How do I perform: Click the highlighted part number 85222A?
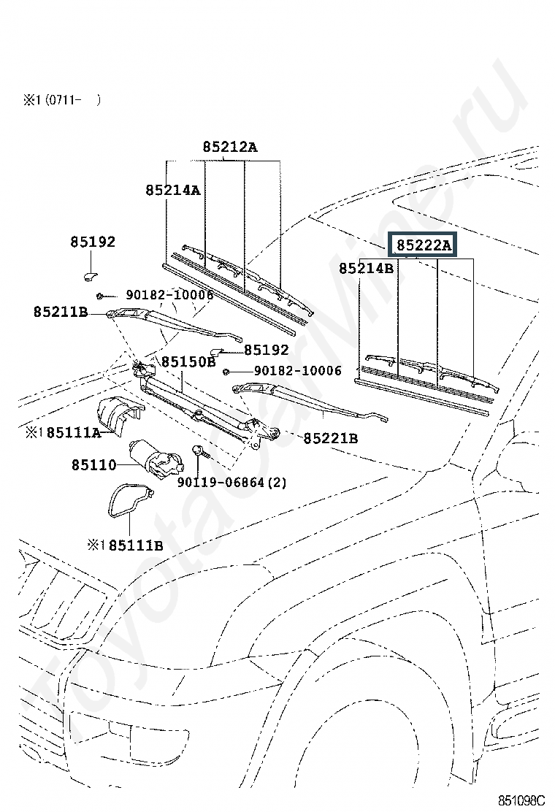424,245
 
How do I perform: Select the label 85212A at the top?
229,147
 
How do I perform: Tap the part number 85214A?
173,190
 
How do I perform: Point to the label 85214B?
367,268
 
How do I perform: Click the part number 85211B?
61,312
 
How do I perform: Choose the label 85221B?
331,438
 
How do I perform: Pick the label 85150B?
188,361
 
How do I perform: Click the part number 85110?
94,465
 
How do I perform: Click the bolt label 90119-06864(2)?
232,482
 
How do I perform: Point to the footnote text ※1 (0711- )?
61,100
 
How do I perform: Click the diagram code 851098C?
522,800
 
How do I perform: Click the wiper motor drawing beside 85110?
156,457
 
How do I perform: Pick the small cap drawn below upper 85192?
91,275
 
